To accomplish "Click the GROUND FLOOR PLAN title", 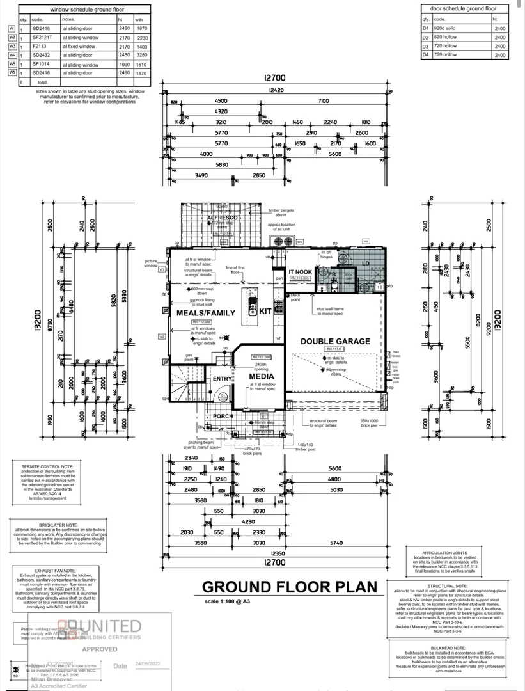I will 289,587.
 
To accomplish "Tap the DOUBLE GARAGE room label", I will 335,341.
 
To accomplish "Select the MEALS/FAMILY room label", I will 196,313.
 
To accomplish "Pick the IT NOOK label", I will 299,272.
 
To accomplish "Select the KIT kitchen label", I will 265,312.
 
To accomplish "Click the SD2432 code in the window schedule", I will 42,55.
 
